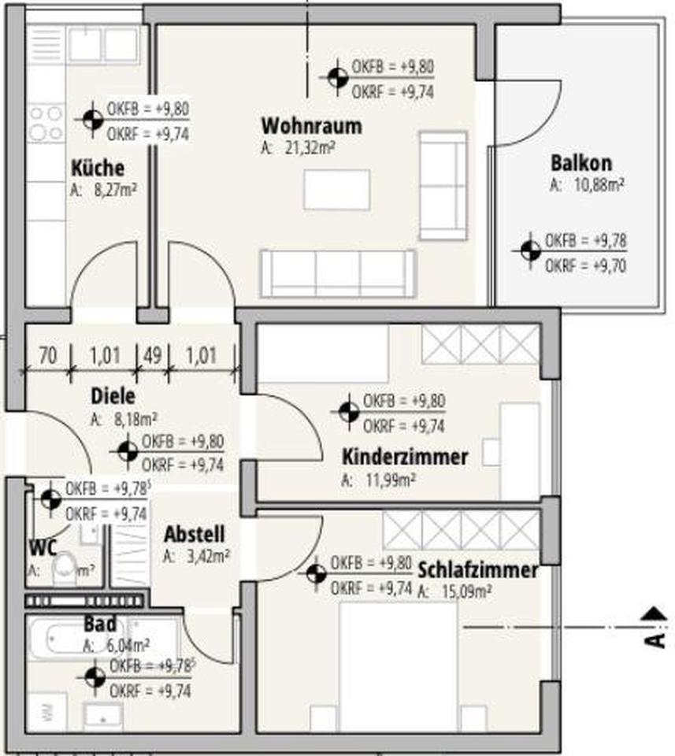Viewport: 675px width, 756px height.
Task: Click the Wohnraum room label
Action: click(x=311, y=126)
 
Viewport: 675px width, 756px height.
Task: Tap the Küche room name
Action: click(x=98, y=169)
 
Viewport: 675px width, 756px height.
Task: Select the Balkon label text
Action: click(x=581, y=165)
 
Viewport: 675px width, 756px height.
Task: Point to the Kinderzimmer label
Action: click(x=405, y=457)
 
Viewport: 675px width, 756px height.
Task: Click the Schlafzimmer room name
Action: click(x=478, y=570)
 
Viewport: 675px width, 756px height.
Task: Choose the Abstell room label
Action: click(x=194, y=535)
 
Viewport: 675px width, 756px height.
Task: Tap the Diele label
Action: click(x=113, y=396)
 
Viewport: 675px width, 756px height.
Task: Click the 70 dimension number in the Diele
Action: click(x=48, y=354)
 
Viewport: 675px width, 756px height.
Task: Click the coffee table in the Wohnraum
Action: click(x=336, y=190)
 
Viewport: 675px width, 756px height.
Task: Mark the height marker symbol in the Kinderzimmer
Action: click(x=348, y=412)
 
